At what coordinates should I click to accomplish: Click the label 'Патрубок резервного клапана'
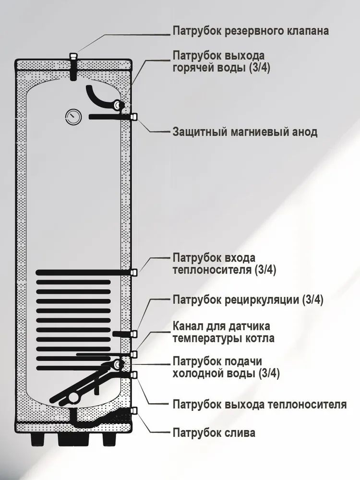251,31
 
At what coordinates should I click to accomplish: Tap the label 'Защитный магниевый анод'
245,132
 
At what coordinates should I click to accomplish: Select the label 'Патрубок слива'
214,433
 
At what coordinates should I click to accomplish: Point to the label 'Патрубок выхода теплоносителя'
259,404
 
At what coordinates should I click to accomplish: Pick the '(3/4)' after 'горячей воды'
260,68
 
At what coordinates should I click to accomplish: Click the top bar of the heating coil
82,273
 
